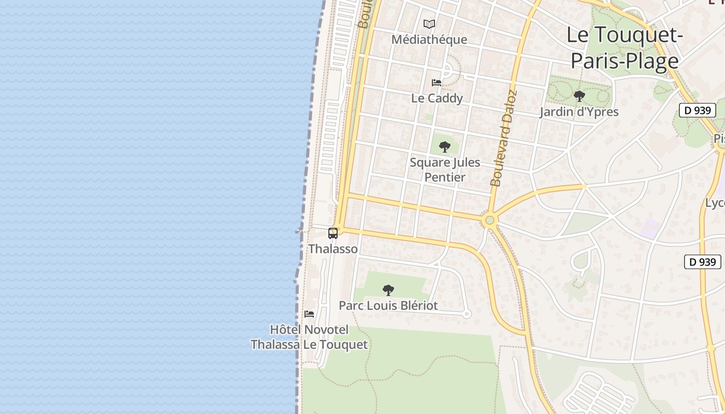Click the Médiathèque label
point(429,39)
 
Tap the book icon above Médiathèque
point(429,24)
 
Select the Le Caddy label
point(437,98)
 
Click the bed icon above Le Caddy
point(437,82)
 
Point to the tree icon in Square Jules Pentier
point(444,147)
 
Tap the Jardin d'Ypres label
point(579,111)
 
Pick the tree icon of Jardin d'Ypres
point(579,96)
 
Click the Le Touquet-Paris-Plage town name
point(625,48)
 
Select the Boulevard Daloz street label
point(503,139)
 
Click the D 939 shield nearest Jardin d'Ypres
point(697,110)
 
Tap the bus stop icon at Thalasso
point(333,233)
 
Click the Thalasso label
point(333,249)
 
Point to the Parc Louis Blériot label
point(388,305)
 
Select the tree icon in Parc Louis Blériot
point(388,290)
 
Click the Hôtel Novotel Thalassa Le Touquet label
point(309,337)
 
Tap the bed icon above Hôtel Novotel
point(309,314)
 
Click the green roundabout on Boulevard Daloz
point(489,221)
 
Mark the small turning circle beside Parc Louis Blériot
point(467,314)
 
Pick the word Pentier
point(444,177)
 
